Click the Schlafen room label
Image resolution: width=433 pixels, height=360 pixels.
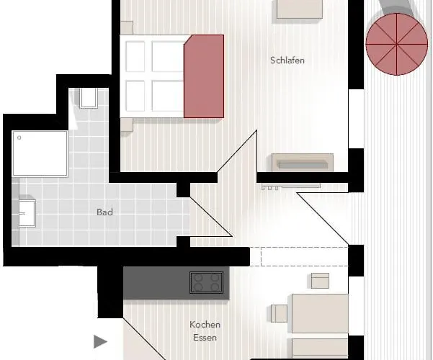tap(287, 60)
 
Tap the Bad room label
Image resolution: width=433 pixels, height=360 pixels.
tap(104, 212)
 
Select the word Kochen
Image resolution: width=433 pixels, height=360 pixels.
tap(205, 325)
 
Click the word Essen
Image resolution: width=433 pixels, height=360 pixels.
tap(205, 338)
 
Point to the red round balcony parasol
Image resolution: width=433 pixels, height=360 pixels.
tap(396, 44)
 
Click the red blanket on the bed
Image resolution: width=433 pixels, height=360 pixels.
tap(204, 76)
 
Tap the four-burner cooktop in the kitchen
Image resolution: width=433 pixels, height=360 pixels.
tap(206, 282)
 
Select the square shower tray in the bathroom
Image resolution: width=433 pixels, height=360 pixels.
tap(40, 153)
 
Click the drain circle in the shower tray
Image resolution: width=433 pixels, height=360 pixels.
tap(19, 138)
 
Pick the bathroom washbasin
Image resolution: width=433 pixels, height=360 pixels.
tap(27, 213)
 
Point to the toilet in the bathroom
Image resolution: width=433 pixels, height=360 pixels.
tap(89, 98)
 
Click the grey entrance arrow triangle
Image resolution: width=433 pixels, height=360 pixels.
tap(100, 342)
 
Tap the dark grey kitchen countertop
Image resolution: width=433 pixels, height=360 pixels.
tap(177, 283)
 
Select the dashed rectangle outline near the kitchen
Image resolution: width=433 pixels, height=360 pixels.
tap(304, 257)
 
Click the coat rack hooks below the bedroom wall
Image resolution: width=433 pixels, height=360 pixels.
tap(270, 188)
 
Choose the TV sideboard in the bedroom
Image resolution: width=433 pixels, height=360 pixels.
tap(303, 163)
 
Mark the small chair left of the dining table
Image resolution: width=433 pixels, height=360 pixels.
tap(280, 313)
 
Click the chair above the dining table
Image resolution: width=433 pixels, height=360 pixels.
tap(320, 281)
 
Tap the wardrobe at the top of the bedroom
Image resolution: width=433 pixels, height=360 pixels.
tap(300, 9)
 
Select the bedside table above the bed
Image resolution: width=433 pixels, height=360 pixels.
tap(127, 28)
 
